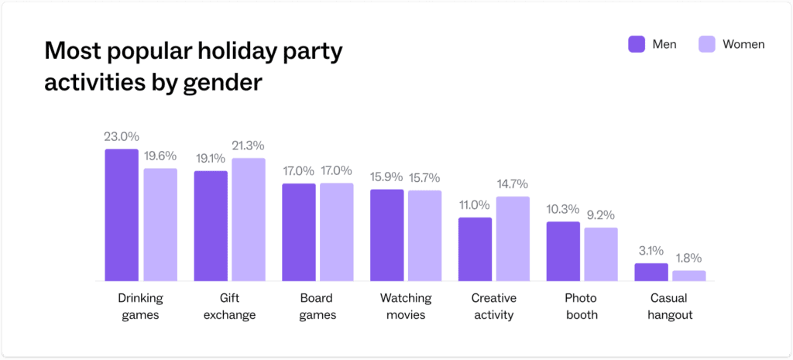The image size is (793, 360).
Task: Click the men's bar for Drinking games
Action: pyautogui.click(x=122, y=215)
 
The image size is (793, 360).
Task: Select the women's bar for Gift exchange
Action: pyautogui.click(x=248, y=220)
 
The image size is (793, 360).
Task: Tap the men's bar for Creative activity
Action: pyautogui.click(x=475, y=249)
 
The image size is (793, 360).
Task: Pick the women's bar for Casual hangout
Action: pyautogui.click(x=688, y=276)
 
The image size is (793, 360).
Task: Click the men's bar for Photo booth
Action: pyautogui.click(x=563, y=252)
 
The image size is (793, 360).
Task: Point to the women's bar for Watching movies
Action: pyautogui.click(x=424, y=235)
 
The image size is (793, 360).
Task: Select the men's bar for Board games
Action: pyautogui.click(x=298, y=232)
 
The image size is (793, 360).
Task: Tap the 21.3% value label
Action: pyautogui.click(x=248, y=145)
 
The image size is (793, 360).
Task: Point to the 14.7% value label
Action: pyautogui.click(x=512, y=183)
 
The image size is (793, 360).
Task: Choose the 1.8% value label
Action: pyautogui.click(x=688, y=258)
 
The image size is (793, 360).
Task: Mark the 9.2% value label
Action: pyautogui.click(x=600, y=214)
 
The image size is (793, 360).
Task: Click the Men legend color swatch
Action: pyautogui.click(x=637, y=44)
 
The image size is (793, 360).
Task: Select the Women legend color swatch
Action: pyautogui.click(x=706, y=44)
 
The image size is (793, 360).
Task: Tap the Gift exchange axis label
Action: pyautogui.click(x=230, y=307)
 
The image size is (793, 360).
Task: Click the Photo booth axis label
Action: pyautogui.click(x=582, y=307)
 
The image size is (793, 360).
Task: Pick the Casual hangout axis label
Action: pyautogui.click(x=671, y=307)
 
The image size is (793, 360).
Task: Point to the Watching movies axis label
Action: pyautogui.click(x=406, y=307)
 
